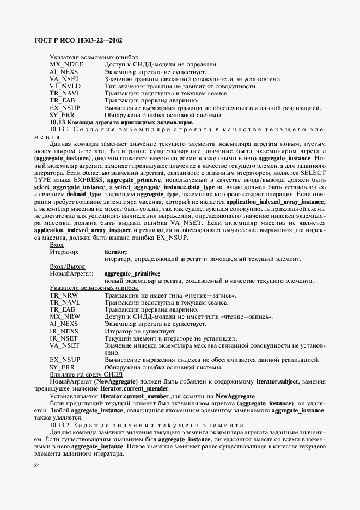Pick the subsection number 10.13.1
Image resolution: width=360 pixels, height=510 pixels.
pos(60,130)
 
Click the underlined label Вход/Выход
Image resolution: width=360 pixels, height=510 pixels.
pos(65,266)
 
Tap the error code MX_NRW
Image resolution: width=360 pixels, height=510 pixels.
pos(65,317)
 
